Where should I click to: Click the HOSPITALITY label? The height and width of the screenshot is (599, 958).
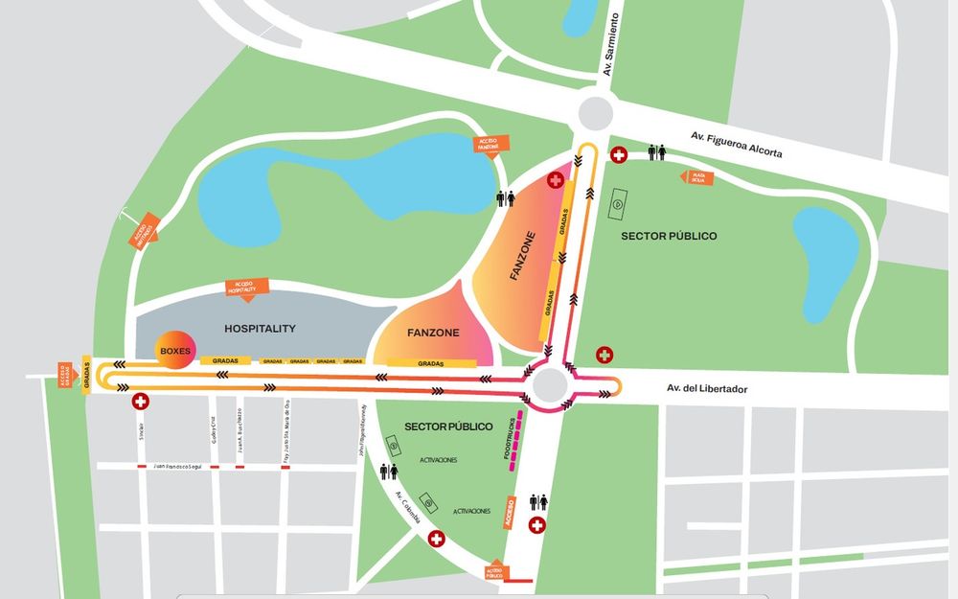pos(260,329)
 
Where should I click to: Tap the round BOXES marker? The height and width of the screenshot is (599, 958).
pos(175,351)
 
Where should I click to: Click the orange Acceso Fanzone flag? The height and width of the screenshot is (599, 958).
pos(489,144)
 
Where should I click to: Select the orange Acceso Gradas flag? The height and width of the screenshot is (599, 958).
pos(66,372)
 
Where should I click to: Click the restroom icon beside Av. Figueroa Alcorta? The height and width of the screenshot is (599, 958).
pos(657,152)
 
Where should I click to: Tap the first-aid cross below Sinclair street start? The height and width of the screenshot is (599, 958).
pos(141,401)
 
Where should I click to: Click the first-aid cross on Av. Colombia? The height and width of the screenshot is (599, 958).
pos(437,540)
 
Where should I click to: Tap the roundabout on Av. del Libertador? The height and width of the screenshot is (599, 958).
pos(550,385)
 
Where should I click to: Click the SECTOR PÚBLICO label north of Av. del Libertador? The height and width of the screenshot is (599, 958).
pos(669,236)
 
